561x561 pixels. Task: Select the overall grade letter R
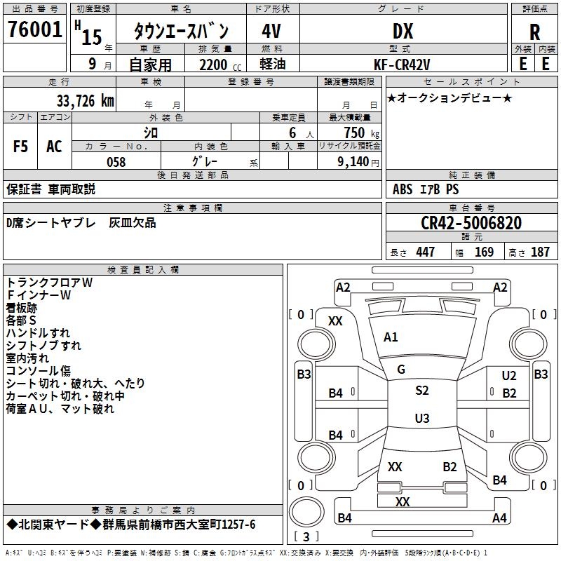point(534,32)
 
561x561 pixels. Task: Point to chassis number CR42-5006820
point(471,224)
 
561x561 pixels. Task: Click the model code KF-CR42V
point(403,64)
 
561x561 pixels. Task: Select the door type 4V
point(273,31)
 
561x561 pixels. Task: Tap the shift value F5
point(21,147)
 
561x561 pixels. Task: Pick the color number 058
point(116,162)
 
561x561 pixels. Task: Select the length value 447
point(425,252)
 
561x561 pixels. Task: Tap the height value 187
point(540,252)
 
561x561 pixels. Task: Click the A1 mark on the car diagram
point(391,337)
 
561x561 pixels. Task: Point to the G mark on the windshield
point(401,370)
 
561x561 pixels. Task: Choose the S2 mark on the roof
point(421,391)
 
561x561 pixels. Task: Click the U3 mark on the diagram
point(421,419)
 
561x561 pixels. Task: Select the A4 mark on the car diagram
point(499,518)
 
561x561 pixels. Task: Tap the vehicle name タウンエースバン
point(181,32)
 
